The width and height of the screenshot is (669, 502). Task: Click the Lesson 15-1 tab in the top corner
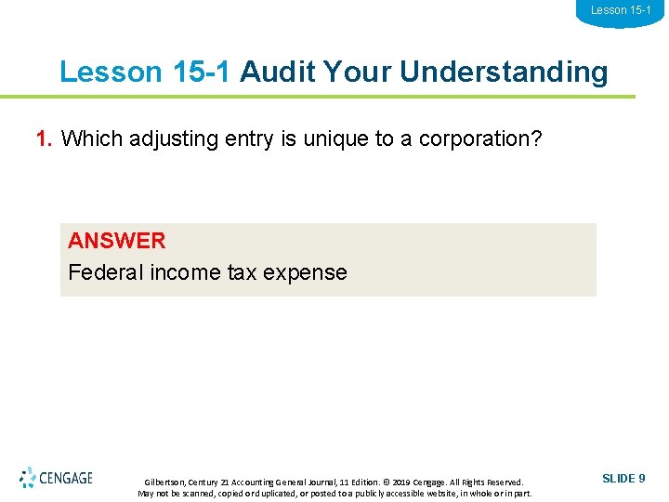click(621, 10)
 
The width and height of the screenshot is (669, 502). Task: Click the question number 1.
click(43, 139)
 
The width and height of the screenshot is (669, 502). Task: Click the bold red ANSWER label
click(116, 241)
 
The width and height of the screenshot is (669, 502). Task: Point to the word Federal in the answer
click(101, 272)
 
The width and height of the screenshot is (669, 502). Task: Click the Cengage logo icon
click(28, 478)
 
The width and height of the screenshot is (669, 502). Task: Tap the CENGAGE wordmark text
click(67, 479)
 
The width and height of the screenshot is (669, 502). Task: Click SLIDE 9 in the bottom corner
click(623, 479)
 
